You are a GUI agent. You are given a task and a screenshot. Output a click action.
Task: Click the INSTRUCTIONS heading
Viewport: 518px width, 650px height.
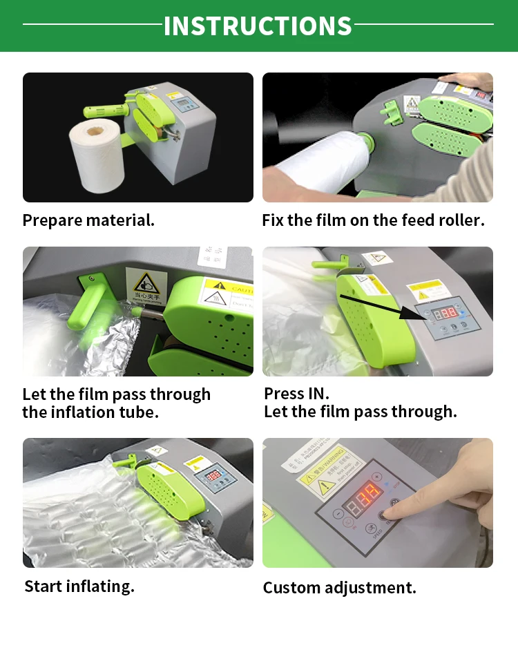click(258, 26)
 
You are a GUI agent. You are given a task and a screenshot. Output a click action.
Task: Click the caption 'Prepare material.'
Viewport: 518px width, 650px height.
click(88, 220)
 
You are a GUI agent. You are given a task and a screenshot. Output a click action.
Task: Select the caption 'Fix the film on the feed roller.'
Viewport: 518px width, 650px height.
click(373, 220)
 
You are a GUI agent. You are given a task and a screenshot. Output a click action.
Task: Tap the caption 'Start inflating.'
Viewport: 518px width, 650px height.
click(79, 586)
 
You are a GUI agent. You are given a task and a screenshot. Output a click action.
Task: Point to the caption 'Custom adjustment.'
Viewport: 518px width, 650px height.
click(339, 588)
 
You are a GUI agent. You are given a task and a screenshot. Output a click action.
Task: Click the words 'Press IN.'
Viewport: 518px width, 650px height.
click(296, 394)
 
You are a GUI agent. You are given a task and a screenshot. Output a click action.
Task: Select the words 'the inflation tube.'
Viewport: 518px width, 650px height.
click(90, 412)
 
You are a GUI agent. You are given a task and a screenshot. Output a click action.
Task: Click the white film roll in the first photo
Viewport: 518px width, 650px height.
click(97, 155)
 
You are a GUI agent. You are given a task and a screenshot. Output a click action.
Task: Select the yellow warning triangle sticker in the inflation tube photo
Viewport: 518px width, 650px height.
click(144, 283)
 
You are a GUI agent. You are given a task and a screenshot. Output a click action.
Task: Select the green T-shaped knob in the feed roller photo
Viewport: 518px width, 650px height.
click(390, 108)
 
